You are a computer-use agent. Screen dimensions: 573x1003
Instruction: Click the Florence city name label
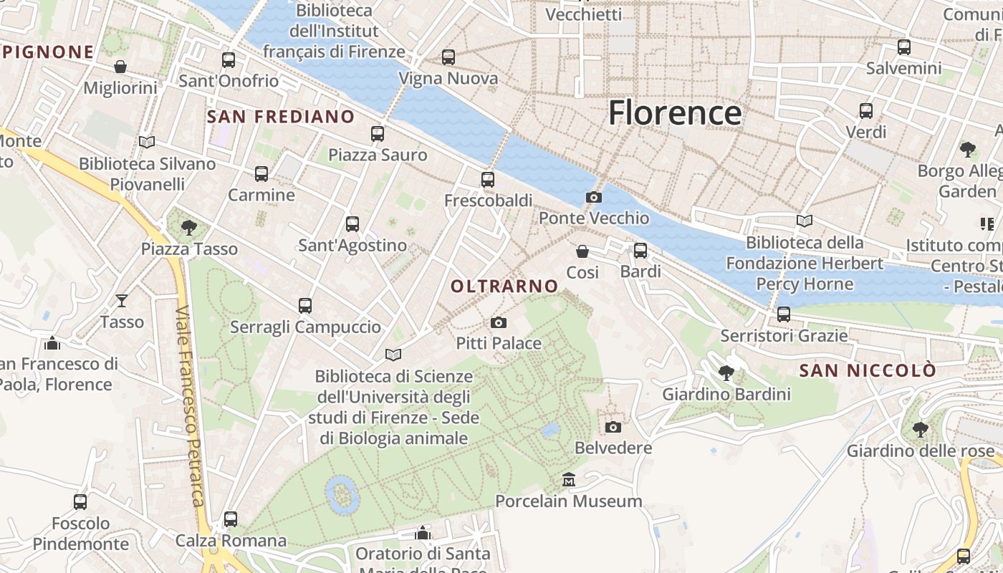675,113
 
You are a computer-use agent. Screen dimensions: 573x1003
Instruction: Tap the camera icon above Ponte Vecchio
594,197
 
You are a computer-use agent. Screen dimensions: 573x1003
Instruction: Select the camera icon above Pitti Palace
499,323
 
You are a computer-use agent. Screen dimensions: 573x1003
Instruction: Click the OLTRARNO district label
504,286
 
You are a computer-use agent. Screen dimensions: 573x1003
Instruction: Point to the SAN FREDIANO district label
281,117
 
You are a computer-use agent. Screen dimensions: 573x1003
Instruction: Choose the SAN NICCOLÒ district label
868,370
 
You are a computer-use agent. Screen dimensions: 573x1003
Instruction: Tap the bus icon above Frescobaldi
488,179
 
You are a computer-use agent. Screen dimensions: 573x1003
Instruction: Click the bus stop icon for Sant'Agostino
352,223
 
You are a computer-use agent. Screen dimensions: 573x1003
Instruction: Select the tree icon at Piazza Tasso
189,228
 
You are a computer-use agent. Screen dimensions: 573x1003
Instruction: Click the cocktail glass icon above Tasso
122,301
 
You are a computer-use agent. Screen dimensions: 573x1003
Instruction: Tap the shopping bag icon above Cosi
582,251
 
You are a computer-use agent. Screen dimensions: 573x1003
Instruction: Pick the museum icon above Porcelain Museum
569,479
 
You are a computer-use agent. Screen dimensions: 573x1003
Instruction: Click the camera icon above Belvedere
613,427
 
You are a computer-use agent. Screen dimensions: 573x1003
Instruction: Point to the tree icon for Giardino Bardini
726,373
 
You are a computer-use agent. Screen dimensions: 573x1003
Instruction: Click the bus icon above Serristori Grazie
784,314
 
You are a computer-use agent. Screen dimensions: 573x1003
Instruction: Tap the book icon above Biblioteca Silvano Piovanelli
147,143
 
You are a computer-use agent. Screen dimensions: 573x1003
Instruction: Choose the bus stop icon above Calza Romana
231,519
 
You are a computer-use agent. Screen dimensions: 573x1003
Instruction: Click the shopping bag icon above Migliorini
120,67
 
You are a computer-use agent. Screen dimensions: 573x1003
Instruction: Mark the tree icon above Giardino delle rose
921,430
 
